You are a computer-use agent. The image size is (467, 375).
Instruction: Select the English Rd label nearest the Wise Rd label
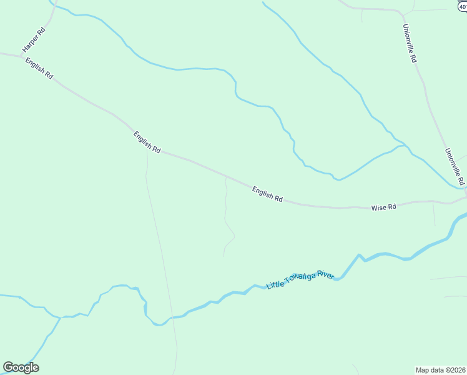(267, 194)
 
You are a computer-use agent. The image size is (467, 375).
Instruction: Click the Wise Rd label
(383, 207)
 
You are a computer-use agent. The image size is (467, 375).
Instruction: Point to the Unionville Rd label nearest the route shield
(410, 43)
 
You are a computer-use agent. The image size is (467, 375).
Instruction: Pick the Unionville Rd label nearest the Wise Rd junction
(454, 166)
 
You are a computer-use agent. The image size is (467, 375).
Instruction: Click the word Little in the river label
(275, 285)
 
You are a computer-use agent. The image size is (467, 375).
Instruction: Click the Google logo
(21, 367)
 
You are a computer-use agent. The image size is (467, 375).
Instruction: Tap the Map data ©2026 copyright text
(440, 369)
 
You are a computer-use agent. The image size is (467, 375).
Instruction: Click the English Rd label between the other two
(147, 142)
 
